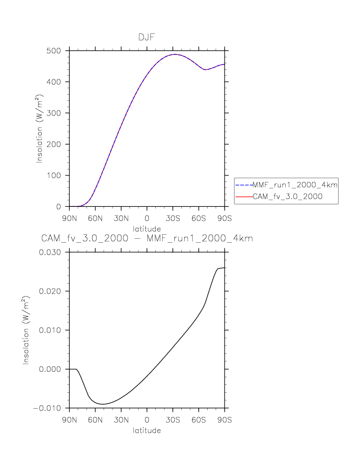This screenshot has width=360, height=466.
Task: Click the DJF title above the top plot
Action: click(147, 37)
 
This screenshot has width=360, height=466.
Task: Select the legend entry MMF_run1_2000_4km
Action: click(295, 185)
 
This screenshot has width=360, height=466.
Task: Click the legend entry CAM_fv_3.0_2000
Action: click(287, 197)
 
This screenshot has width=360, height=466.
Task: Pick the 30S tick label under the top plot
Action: click(173, 218)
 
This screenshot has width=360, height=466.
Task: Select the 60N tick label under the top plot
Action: click(95, 218)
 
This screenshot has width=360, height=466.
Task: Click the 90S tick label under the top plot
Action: click(225, 218)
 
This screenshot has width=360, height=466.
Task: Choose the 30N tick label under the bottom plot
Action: click(121, 420)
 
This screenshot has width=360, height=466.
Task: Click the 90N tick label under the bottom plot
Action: click(69, 420)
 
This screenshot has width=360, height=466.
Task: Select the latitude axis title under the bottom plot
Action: click(147, 430)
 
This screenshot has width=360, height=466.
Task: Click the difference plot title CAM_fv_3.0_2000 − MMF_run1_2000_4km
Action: click(147, 239)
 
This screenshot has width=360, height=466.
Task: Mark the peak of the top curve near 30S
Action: click(174, 54)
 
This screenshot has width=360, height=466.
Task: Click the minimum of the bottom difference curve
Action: click(103, 404)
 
